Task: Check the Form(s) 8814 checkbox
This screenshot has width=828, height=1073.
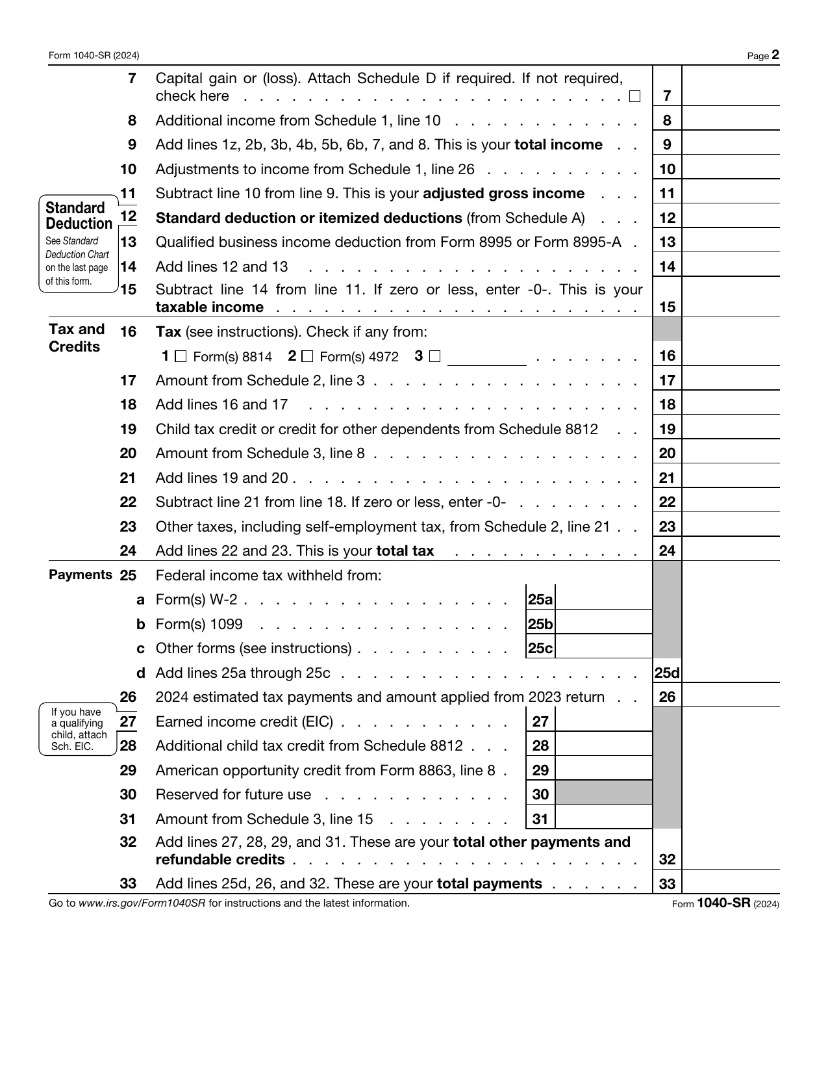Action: pyautogui.click(x=181, y=356)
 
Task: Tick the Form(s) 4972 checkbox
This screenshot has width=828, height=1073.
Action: pyautogui.click(x=307, y=356)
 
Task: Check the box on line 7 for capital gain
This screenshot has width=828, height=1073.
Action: pyautogui.click(x=634, y=97)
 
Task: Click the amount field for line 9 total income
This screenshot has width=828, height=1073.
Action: pyautogui.click(x=731, y=144)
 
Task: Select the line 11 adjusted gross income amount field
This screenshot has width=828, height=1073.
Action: pyautogui.click(x=731, y=193)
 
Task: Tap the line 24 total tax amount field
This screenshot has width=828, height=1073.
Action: pyautogui.click(x=731, y=550)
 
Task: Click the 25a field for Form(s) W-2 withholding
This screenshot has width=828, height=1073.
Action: pyautogui.click(x=603, y=599)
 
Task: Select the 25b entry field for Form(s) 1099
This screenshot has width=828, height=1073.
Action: pyautogui.click(x=603, y=624)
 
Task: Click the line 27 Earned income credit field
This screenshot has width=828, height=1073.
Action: pyautogui.click(x=603, y=721)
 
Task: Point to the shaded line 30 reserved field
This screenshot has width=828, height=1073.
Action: pyautogui.click(x=603, y=794)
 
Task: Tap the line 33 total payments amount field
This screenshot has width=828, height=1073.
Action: pyautogui.click(x=731, y=883)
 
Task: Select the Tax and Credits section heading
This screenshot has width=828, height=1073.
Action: pyautogui.click(x=76, y=338)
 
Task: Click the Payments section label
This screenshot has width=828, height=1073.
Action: pyautogui.click(x=81, y=575)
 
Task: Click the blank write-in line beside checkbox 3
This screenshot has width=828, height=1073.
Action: pyautogui.click(x=486, y=357)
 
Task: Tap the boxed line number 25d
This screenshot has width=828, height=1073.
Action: pyautogui.click(x=667, y=673)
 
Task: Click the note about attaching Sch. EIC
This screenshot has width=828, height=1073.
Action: pyautogui.click(x=78, y=729)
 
